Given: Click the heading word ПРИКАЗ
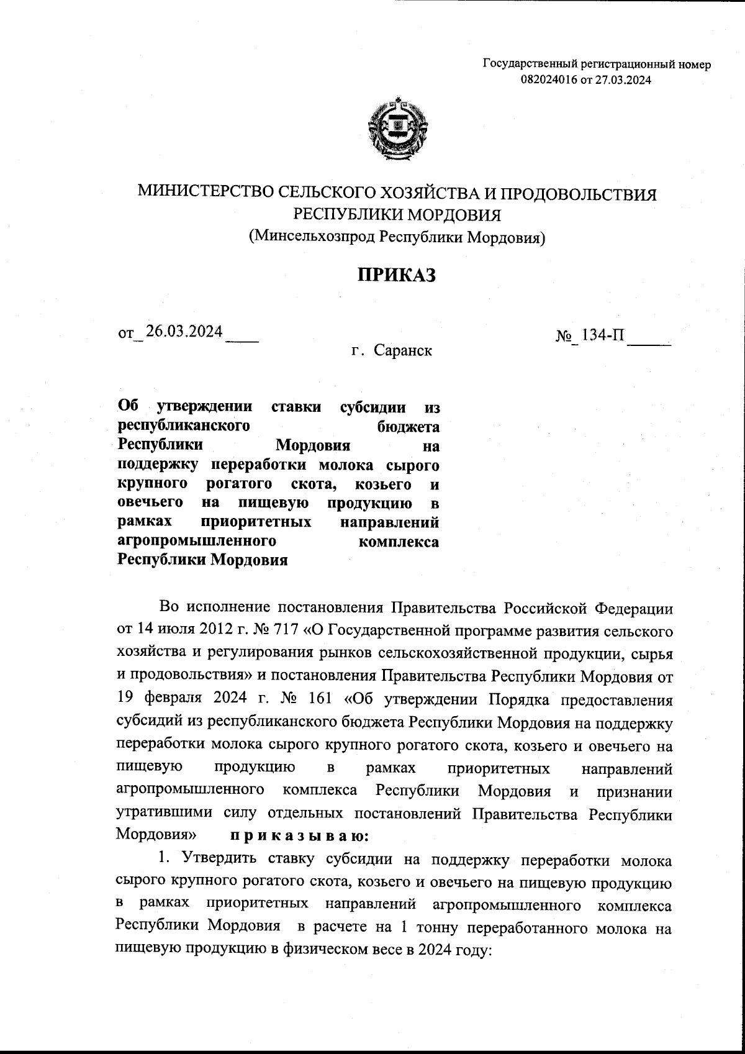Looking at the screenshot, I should (396, 275).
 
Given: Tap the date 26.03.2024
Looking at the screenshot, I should (184, 332).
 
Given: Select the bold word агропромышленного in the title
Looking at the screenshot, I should (196, 541).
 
